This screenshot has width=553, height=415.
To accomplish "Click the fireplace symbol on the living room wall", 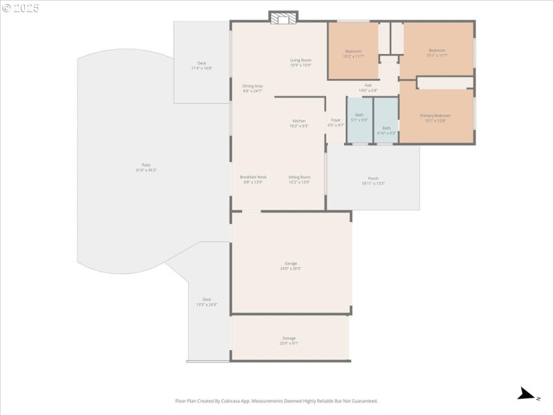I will [x=283, y=18].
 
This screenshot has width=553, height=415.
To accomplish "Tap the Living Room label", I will [x=301, y=62].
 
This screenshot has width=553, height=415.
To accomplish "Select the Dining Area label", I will [x=252, y=88].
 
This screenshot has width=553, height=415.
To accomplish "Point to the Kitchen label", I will [x=299, y=122].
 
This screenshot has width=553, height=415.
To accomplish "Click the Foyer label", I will [x=335, y=122].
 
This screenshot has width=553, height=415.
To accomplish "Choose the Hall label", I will [x=368, y=87].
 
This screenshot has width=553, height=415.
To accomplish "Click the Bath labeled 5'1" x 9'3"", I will [x=359, y=117].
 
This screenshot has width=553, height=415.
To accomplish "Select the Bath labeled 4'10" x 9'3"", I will [x=386, y=129].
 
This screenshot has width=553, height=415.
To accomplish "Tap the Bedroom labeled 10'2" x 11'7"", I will [x=353, y=53].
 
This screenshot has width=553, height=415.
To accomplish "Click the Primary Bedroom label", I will [x=435, y=118].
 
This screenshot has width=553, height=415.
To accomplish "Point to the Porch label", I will [x=373, y=180].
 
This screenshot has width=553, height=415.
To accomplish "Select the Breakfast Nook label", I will [x=253, y=179].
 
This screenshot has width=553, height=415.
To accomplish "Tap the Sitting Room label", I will [x=299, y=179].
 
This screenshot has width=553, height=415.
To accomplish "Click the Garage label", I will [x=290, y=265].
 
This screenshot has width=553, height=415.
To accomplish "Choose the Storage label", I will [x=289, y=340].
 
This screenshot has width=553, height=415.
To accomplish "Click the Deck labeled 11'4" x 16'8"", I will [x=201, y=65].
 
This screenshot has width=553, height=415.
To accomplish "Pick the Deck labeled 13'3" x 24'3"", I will [x=207, y=301].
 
